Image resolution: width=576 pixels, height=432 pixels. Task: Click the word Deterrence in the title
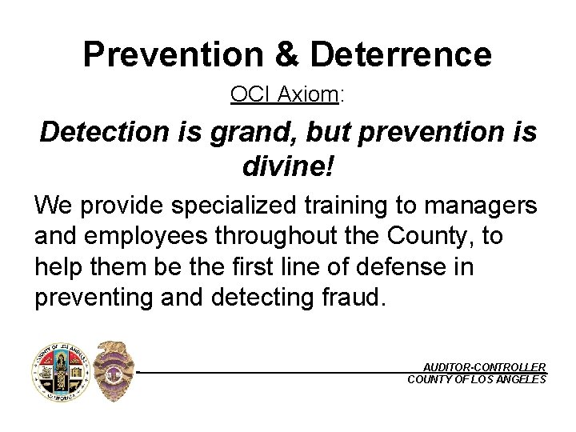tap(401, 54)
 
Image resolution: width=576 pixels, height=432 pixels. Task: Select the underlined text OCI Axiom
tap(284, 94)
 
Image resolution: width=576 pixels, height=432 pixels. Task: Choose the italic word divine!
tap(287, 167)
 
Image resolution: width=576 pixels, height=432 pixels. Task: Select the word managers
tap(481, 206)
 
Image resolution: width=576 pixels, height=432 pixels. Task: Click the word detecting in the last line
tap(260, 297)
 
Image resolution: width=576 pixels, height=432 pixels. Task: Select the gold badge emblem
tap(113, 372)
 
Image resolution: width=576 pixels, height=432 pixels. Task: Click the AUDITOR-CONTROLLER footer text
tap(485, 366)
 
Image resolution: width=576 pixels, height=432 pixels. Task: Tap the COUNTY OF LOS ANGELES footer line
tap(477, 379)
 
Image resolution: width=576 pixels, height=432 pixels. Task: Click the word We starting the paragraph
tap(51, 206)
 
